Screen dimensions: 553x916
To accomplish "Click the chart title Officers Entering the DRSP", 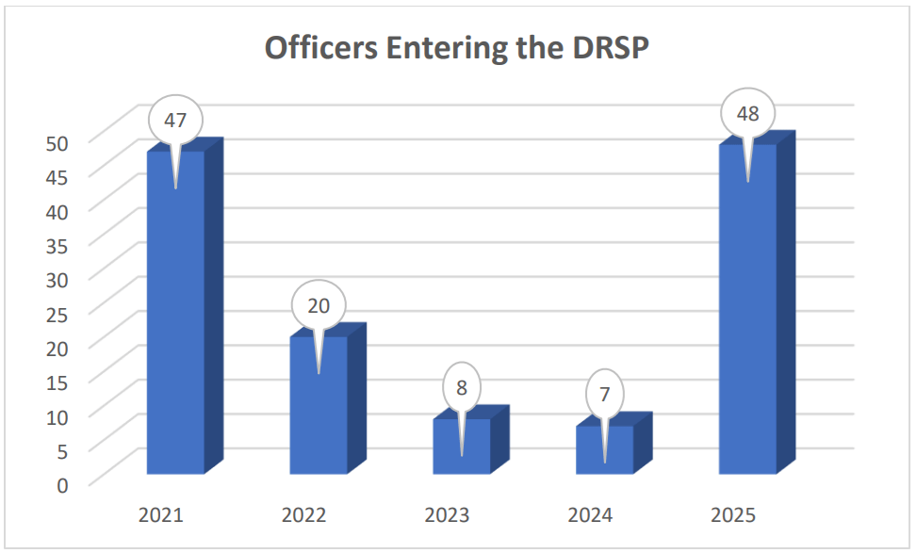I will point(457,47).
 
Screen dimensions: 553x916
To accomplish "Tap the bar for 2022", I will point(319,415).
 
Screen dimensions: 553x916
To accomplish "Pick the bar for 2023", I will point(462,452).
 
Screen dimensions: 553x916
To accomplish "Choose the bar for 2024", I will point(605,455).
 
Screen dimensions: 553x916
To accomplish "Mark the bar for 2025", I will point(748,320).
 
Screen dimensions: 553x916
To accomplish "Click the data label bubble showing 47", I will point(175,121).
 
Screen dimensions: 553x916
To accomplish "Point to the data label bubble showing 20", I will point(319,305).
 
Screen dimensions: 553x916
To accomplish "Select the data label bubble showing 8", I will point(462,388).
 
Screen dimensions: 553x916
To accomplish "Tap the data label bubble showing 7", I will point(605,394).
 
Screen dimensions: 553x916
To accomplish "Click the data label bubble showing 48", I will point(748,114).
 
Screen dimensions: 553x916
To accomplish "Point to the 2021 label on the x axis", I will point(161,515).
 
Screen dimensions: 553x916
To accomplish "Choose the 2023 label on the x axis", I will point(448,515).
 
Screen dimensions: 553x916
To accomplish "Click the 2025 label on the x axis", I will point(734,515).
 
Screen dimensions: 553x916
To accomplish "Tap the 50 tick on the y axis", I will point(58,142).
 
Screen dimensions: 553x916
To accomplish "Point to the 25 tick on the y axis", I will point(58,314).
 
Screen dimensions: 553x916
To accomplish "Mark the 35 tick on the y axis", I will point(58,245).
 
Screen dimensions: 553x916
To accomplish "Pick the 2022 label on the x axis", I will point(304,515).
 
